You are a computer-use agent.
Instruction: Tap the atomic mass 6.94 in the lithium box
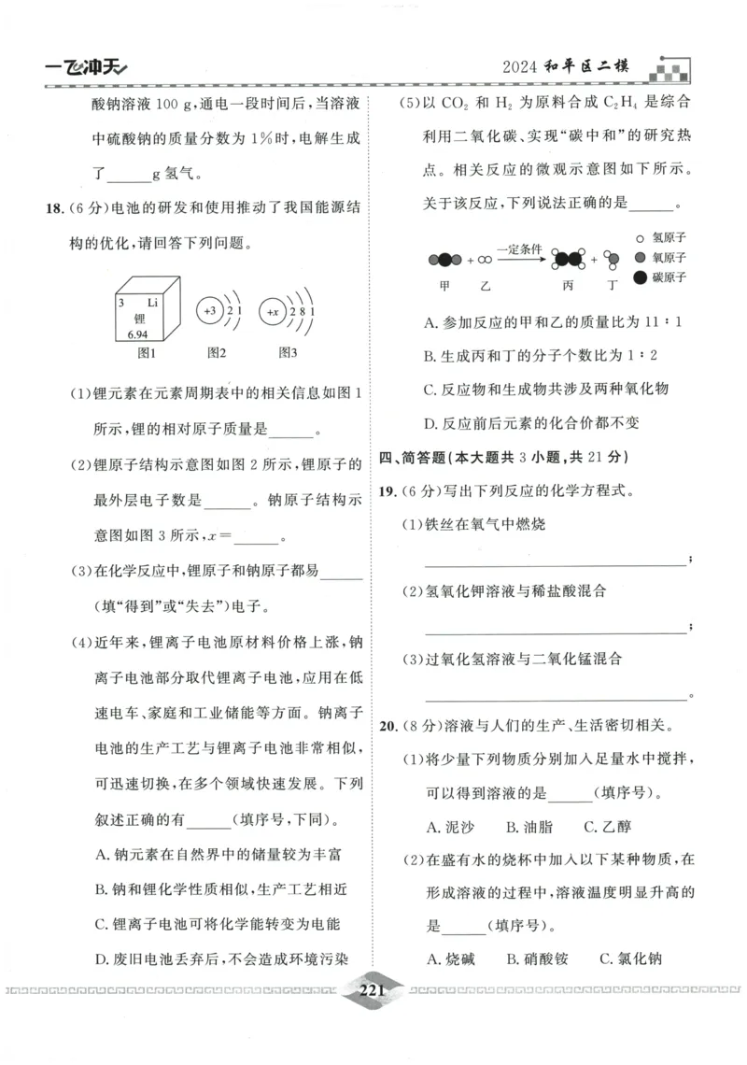coord(137,334)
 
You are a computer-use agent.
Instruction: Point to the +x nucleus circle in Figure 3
coord(273,310)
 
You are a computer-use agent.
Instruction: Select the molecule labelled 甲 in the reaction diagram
coord(444,259)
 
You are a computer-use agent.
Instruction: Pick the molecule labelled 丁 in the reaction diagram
coord(612,259)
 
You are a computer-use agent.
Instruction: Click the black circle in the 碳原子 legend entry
coord(640,277)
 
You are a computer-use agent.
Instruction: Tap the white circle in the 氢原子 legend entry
coord(640,237)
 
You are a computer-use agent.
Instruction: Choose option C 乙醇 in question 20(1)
coord(607,826)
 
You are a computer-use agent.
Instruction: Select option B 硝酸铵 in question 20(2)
coord(537,958)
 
